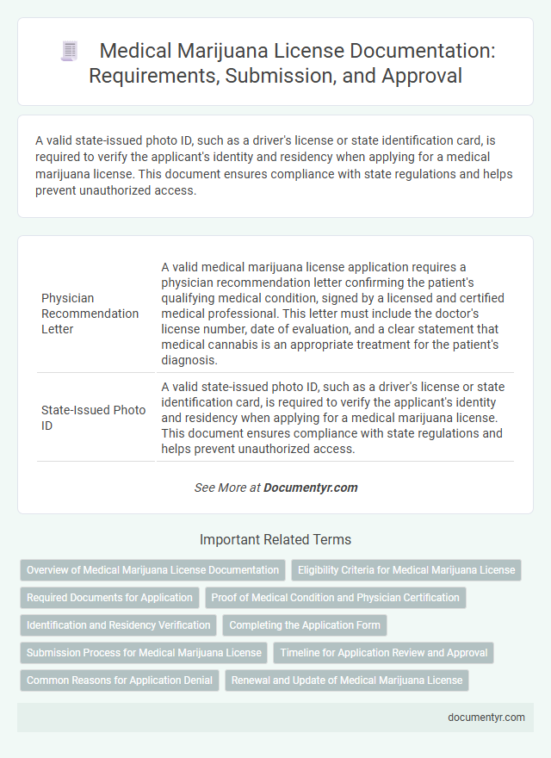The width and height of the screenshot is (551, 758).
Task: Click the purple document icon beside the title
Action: [x=70, y=51]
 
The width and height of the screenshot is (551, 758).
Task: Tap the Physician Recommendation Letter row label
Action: [x=90, y=314]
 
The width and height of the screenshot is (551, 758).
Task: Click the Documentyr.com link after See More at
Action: [x=310, y=488]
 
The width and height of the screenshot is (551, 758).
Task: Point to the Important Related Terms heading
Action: [x=275, y=540]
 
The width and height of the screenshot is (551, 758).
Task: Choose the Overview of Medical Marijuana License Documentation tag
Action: [x=153, y=570]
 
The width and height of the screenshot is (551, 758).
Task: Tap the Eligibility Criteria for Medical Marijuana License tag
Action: [x=406, y=570]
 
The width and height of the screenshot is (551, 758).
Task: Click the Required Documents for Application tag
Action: [x=109, y=598]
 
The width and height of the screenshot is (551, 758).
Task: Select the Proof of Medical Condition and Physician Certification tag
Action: [x=335, y=598]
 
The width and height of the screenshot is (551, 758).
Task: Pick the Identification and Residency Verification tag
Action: [x=118, y=625]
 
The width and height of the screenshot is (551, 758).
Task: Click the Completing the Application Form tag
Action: [x=305, y=625]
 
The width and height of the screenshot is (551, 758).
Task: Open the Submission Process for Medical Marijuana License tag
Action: [x=144, y=653]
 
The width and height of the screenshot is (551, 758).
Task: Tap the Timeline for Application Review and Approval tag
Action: [x=384, y=653]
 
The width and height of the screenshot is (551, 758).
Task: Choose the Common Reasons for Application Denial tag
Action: [x=119, y=680]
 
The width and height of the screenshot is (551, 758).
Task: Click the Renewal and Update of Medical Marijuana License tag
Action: [x=347, y=680]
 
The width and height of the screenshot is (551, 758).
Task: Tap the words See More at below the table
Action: [x=227, y=488]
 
